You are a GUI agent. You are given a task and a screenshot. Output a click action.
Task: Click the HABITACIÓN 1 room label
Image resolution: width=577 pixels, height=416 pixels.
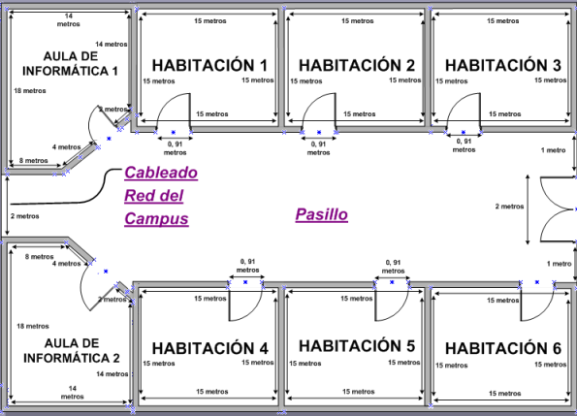(208, 65)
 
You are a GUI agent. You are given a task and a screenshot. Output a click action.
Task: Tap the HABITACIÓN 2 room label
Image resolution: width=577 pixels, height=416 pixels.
(356, 65)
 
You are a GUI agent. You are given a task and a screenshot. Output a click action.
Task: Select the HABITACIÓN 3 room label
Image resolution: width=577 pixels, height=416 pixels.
(502, 65)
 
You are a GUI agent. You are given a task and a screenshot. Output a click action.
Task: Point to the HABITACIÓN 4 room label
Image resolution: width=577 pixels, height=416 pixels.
(209, 348)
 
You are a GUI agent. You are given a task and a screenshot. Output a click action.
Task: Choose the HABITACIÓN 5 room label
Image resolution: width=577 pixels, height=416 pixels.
(356, 346)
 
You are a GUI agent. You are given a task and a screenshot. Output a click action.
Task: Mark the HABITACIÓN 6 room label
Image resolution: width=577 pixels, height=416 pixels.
(502, 348)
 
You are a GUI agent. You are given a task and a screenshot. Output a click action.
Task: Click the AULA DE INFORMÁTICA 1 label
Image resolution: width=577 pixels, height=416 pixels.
(67, 63)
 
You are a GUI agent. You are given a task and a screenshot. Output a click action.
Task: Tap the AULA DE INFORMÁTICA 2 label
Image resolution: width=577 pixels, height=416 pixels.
(67, 350)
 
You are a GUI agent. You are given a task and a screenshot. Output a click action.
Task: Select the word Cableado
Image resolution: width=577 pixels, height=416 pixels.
(160, 173)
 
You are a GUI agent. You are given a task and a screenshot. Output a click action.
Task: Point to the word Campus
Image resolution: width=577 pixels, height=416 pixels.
(156, 218)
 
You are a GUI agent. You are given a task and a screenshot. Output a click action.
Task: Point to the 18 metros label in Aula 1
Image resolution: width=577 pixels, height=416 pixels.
(30, 91)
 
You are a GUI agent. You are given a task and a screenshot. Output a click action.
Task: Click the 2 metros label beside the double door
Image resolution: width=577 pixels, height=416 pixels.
(511, 207)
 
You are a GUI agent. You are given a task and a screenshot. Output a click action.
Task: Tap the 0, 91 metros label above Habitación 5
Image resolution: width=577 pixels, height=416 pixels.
(393, 267)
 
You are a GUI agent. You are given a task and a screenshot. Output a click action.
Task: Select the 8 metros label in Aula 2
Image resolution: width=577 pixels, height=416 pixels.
(40, 257)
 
